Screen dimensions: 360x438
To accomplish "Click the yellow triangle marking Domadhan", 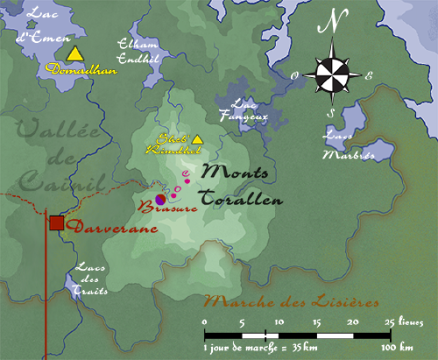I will click(x=76, y=54).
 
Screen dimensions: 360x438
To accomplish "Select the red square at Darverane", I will click(x=57, y=222).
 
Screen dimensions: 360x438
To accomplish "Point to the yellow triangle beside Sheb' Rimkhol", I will click(x=198, y=139).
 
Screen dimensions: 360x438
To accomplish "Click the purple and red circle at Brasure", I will click(x=160, y=201).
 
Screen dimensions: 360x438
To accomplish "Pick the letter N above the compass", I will click(x=331, y=25).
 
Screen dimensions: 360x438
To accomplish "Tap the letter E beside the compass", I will click(x=369, y=76).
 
